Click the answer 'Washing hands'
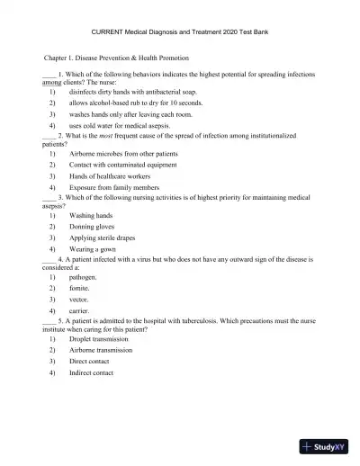tap(90, 216)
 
